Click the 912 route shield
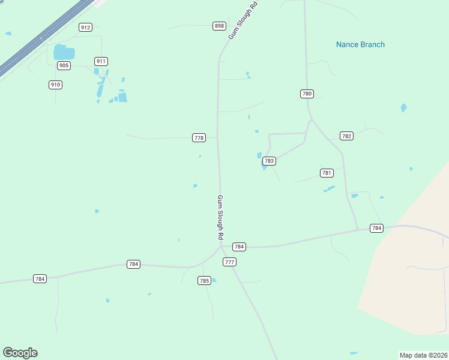[85, 27]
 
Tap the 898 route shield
[219, 26]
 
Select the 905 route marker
[64, 65]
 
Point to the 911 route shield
[101, 61]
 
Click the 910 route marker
[55, 85]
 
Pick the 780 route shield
[307, 94]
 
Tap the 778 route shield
[199, 137]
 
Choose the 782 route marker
[346, 136]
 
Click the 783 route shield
[269, 161]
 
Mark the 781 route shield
[327, 173]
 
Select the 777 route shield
[229, 262]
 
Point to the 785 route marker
[204, 280]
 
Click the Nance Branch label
[360, 44]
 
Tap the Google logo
[20, 353]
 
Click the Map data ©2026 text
[423, 355]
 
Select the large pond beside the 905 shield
[64, 52]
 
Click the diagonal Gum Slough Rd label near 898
[238, 21]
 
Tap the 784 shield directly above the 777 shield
[239, 247]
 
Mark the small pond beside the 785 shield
[214, 280]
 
